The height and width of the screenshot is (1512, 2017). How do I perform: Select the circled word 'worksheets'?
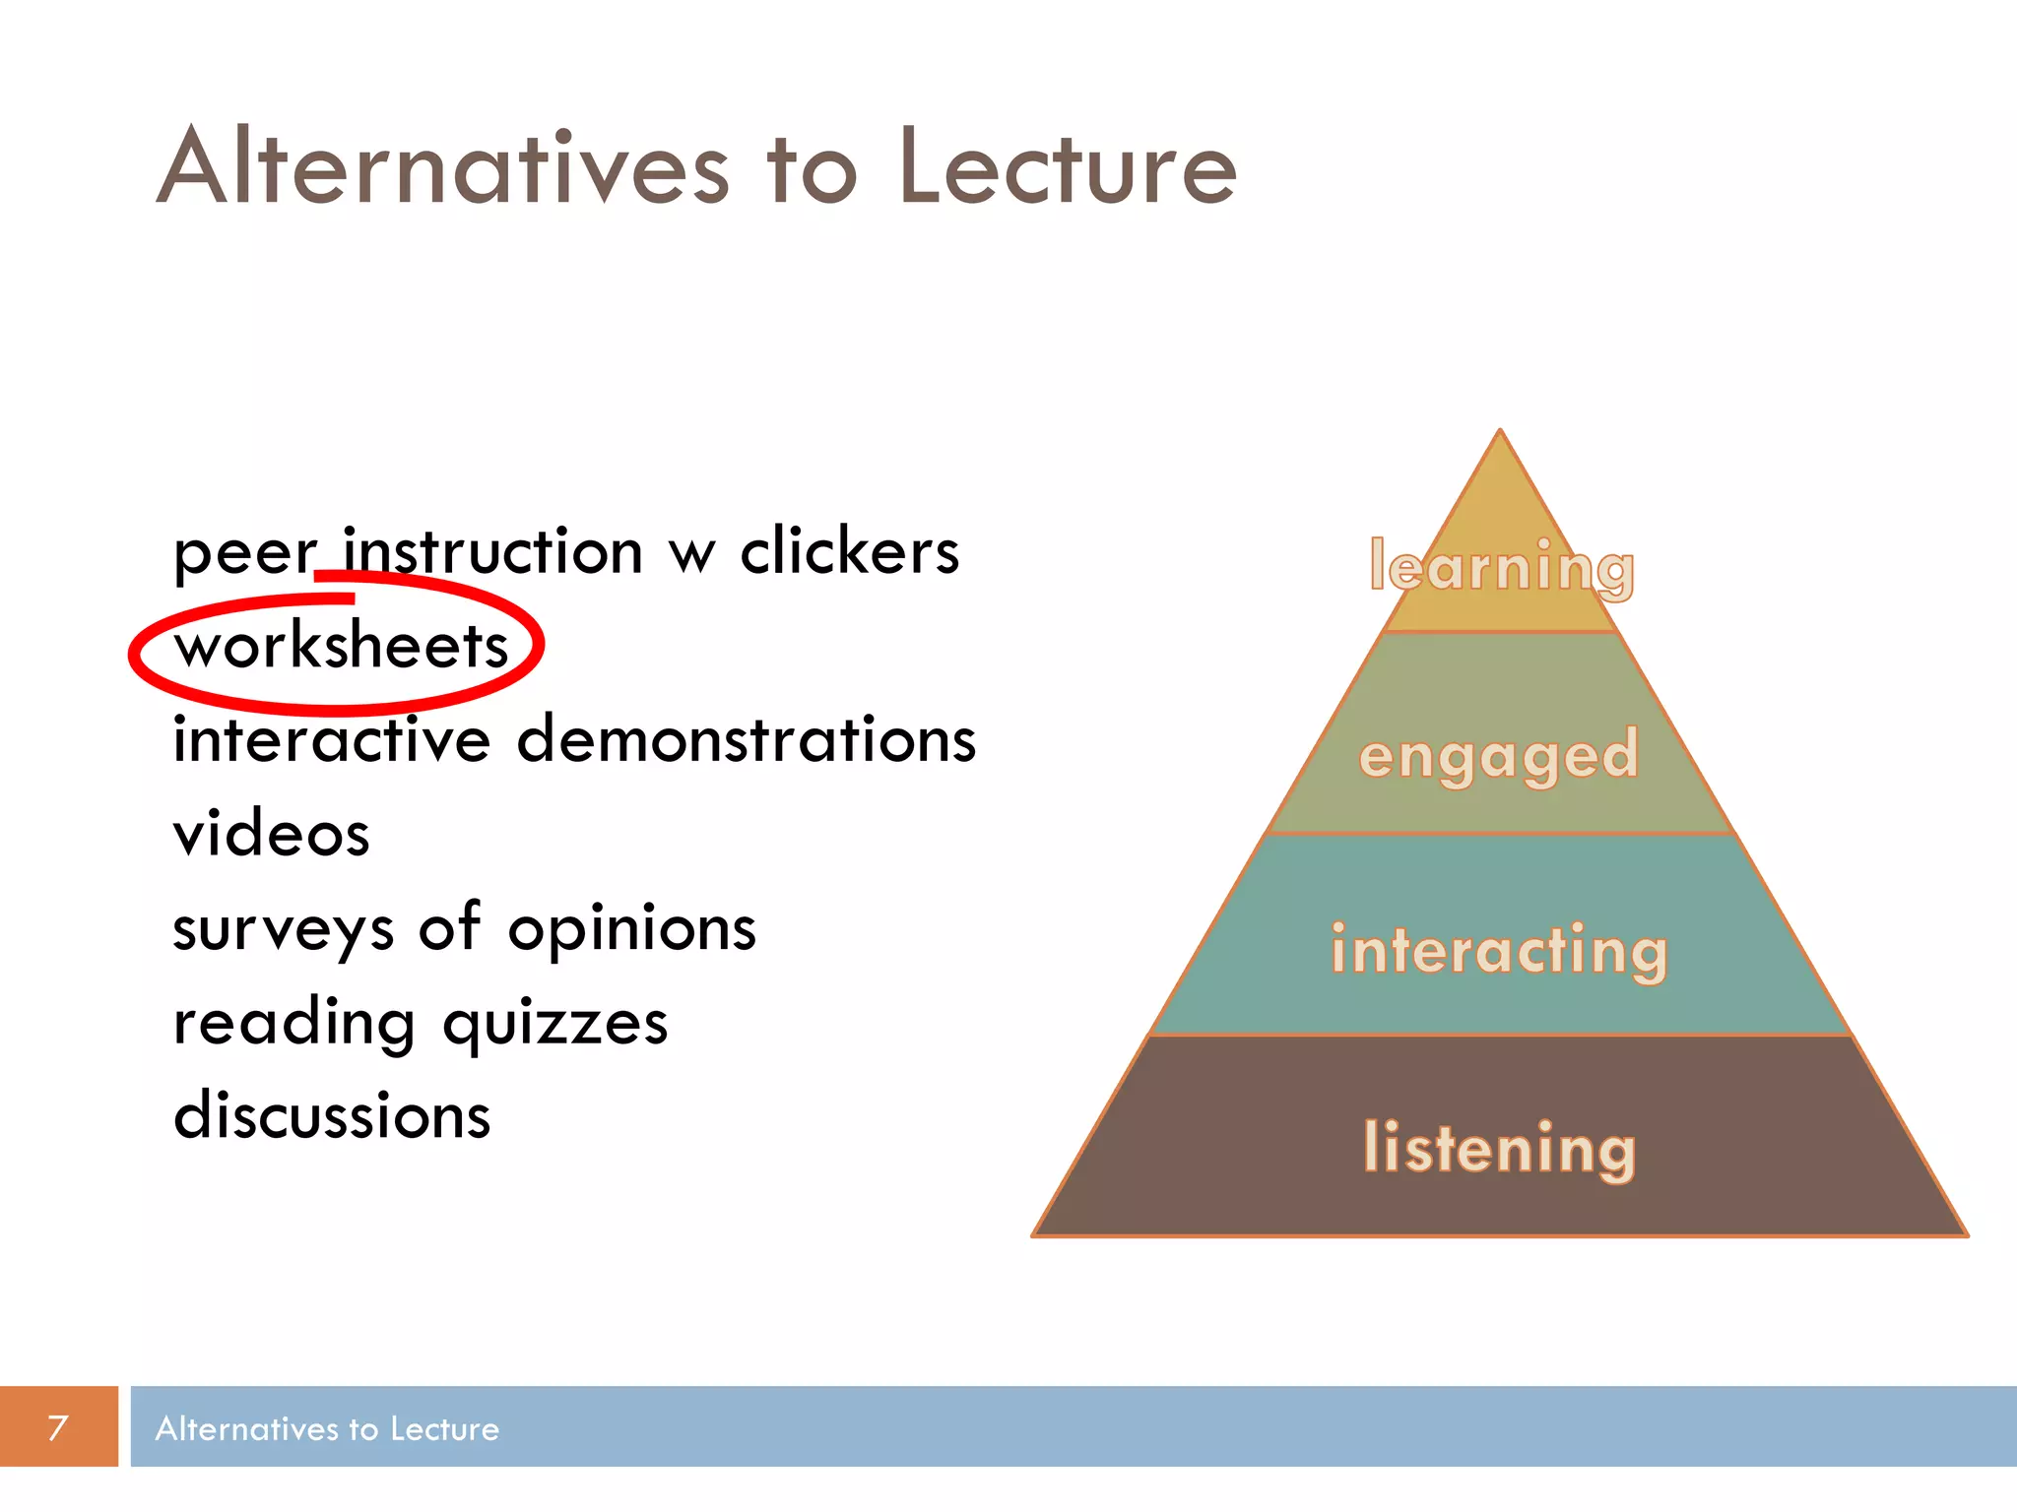(x=341, y=647)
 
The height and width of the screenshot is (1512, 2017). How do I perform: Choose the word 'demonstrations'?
(x=746, y=739)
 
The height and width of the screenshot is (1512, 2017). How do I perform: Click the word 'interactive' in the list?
(x=331, y=739)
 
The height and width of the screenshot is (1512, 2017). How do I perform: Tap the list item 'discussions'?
(x=331, y=1116)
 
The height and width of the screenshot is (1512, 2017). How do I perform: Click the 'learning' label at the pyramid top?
(x=1501, y=568)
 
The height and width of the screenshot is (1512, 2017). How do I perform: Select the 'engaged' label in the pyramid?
(x=1498, y=756)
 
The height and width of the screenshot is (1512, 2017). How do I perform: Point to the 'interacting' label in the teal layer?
(x=1499, y=951)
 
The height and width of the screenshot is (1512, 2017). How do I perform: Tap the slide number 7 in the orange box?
(x=58, y=1427)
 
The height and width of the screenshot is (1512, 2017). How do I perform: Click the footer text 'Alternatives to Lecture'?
(x=327, y=1428)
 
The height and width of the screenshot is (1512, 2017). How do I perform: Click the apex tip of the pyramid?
(x=1500, y=433)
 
